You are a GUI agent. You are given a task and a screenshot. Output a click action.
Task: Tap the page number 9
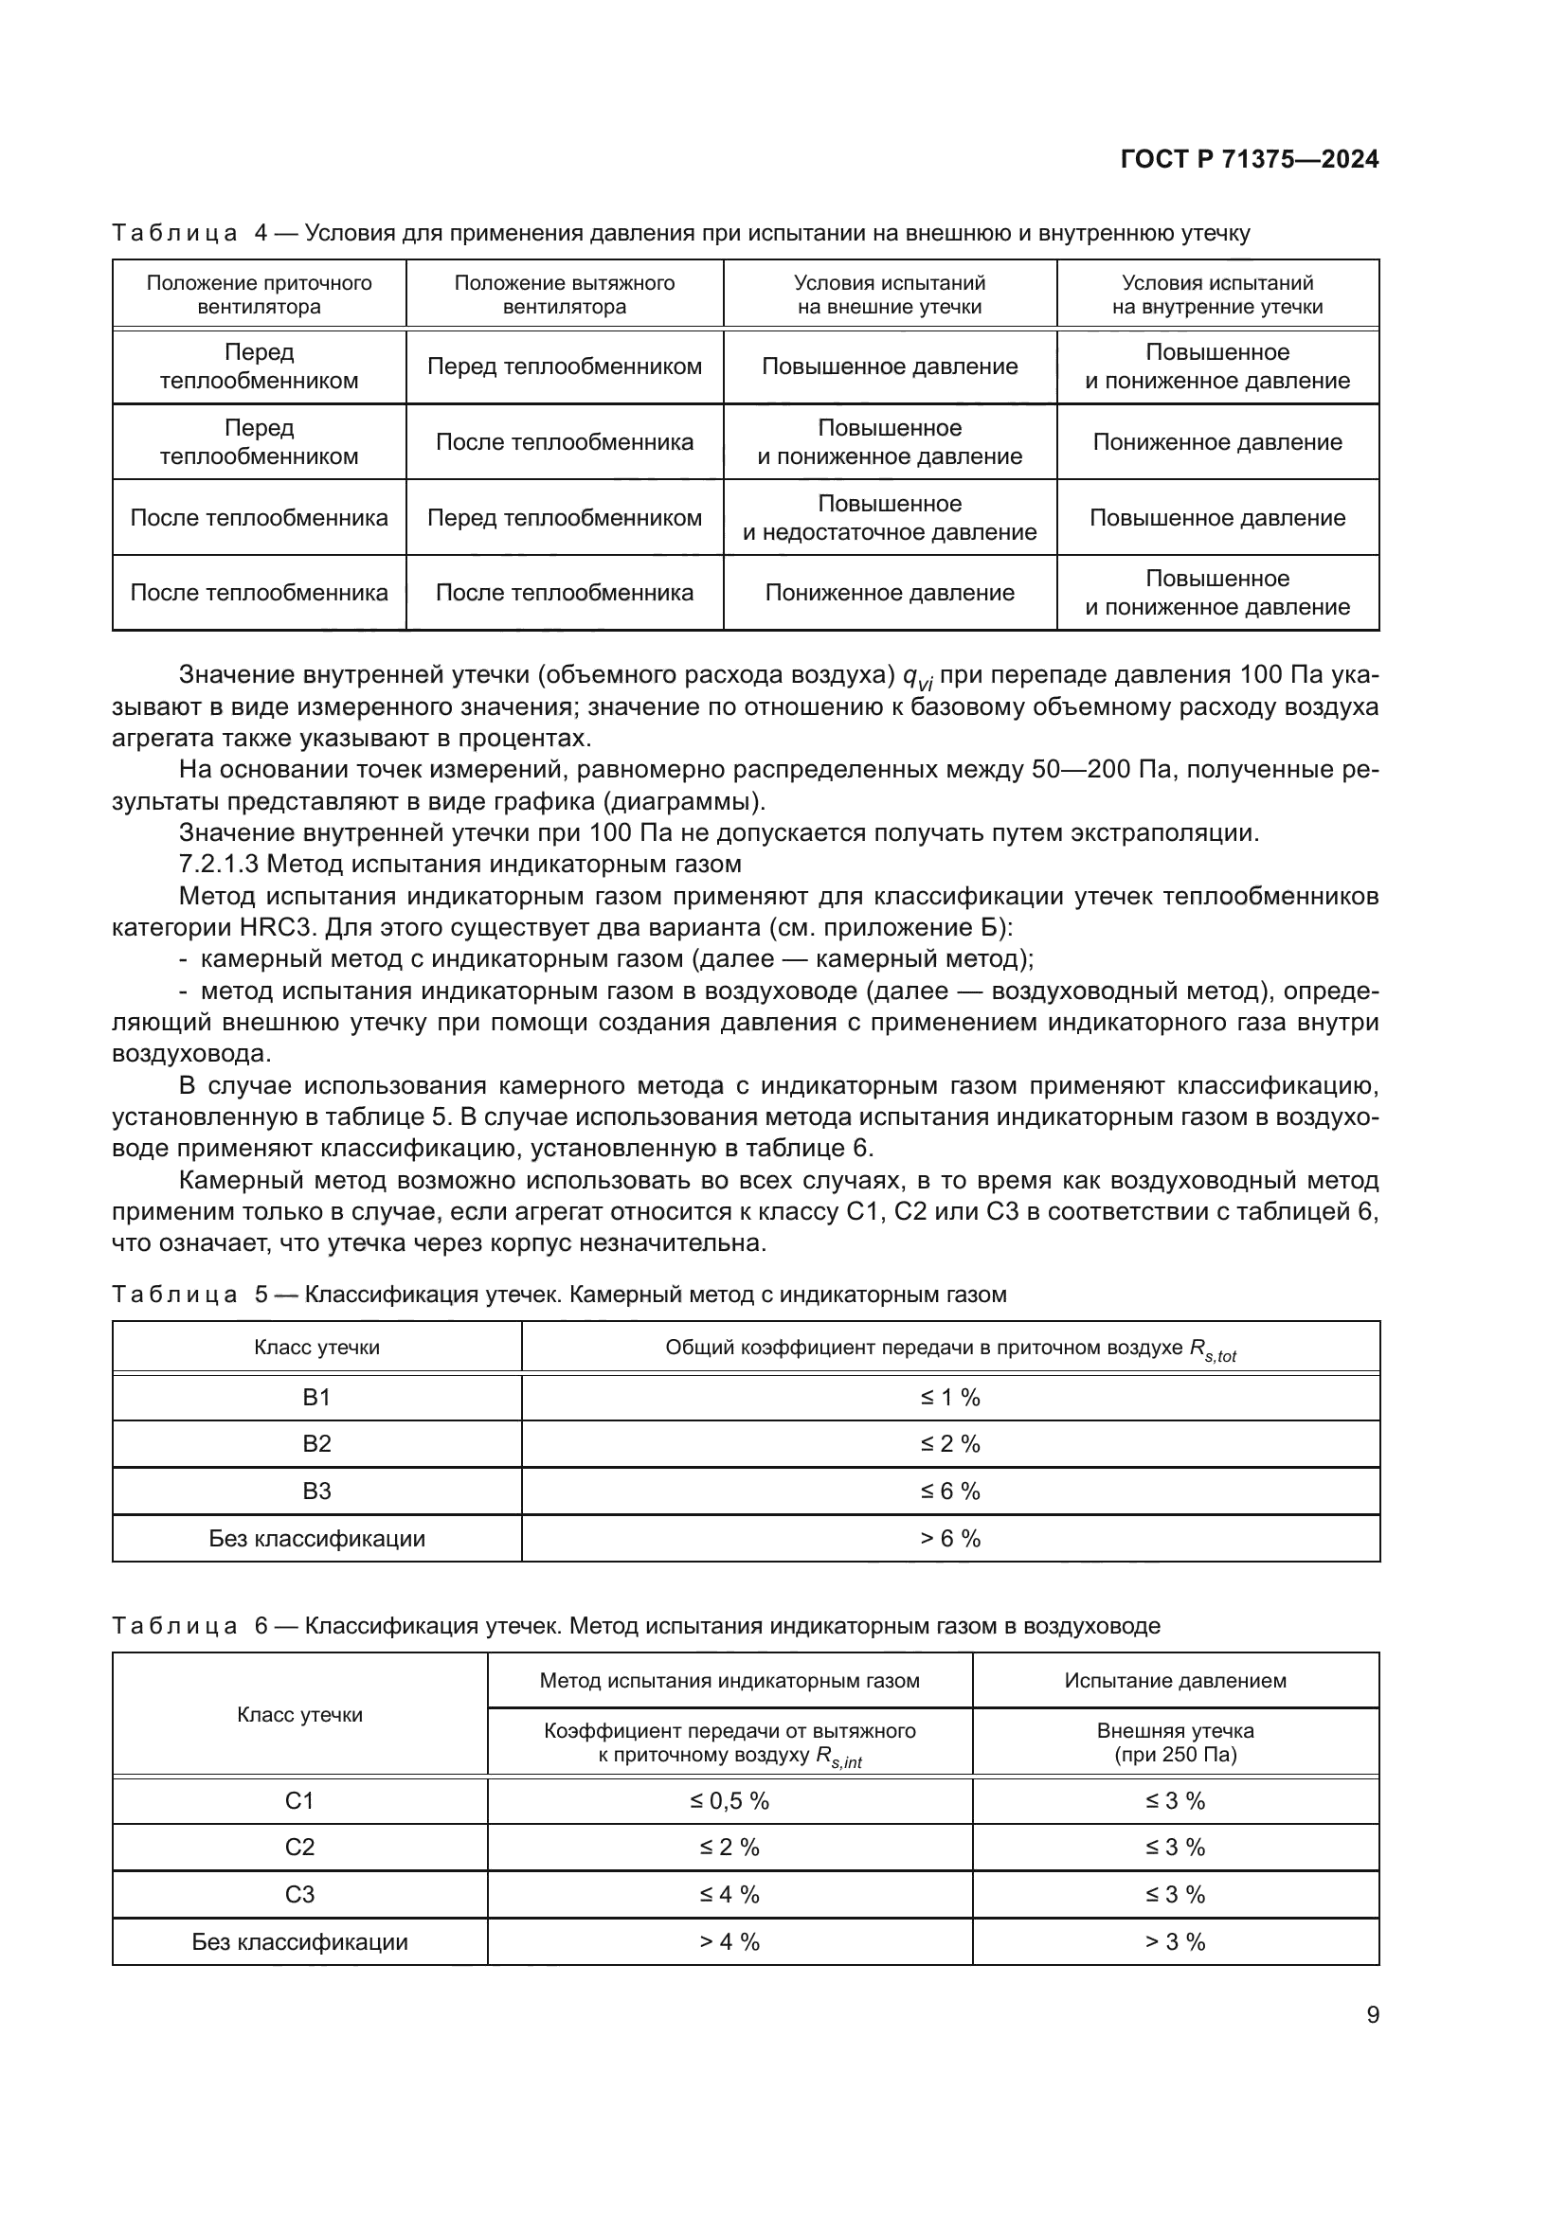click(x=1372, y=2014)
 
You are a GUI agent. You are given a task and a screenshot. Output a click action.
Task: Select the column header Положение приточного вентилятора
click(x=259, y=295)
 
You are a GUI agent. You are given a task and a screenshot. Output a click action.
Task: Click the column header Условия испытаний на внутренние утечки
click(x=1216, y=295)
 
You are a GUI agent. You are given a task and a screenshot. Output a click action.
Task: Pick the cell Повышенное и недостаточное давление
click(x=889, y=517)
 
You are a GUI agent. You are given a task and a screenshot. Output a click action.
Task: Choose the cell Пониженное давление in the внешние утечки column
click(x=889, y=592)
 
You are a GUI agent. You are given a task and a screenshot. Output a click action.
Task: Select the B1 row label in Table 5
click(x=316, y=1397)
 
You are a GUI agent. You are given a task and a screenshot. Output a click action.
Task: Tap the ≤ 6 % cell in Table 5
click(x=949, y=1491)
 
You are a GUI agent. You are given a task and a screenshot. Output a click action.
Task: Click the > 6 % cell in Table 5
click(x=949, y=1538)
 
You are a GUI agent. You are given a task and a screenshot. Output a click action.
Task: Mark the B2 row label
click(x=316, y=1443)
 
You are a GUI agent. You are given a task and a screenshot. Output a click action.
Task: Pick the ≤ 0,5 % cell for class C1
click(x=729, y=1800)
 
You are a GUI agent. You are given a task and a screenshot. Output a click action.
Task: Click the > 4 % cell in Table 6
click(x=729, y=1941)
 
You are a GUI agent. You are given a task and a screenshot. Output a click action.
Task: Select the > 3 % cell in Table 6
click(x=1174, y=1941)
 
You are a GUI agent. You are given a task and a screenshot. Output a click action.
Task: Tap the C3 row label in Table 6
click(x=299, y=1894)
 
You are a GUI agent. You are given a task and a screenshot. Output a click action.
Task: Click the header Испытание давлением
click(x=1174, y=1681)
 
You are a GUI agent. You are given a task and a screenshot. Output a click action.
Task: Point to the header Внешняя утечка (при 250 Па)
click(x=1174, y=1742)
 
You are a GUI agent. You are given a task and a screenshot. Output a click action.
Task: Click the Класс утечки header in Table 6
click(x=299, y=1714)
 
